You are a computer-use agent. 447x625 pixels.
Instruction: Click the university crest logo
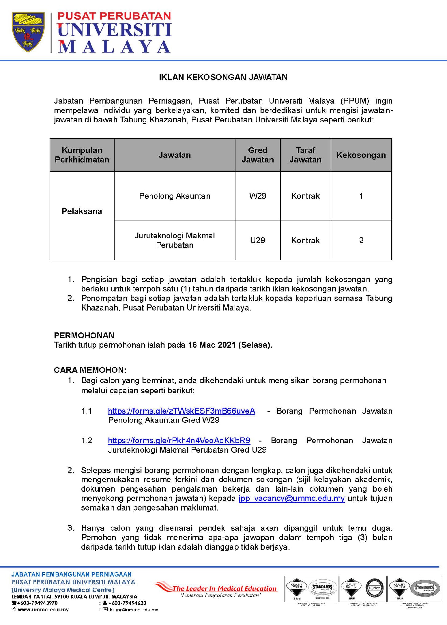pyautogui.click(x=28, y=32)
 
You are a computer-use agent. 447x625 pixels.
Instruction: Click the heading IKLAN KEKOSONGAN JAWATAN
pyautogui.click(x=223, y=77)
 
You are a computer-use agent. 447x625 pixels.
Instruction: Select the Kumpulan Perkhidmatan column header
pyautogui.click(x=82, y=155)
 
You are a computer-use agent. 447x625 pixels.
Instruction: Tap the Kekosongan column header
pyautogui.click(x=361, y=155)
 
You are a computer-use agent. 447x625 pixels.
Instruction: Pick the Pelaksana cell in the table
pyautogui.click(x=82, y=211)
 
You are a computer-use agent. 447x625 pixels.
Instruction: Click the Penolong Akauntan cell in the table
pyautogui.click(x=175, y=196)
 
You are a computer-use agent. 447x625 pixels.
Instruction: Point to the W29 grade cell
pyautogui.click(x=258, y=196)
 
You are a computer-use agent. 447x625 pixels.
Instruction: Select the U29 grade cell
pyautogui.click(x=258, y=240)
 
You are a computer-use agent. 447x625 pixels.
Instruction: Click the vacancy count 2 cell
pyautogui.click(x=361, y=240)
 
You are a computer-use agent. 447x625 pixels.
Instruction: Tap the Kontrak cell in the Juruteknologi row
pyautogui.click(x=305, y=240)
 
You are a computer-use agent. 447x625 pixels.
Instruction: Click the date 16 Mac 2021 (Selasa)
pyautogui.click(x=230, y=345)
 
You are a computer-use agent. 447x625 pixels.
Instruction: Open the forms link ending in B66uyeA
pyautogui.click(x=181, y=411)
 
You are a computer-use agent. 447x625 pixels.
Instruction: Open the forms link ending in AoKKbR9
pyautogui.click(x=179, y=441)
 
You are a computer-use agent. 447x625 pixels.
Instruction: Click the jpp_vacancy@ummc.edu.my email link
pyautogui.click(x=292, y=498)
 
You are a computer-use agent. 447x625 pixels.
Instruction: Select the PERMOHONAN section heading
pyautogui.click(x=84, y=335)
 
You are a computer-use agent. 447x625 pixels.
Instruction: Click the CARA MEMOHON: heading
pyautogui.click(x=90, y=370)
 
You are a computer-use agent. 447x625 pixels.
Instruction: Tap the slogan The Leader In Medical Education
pyautogui.click(x=224, y=588)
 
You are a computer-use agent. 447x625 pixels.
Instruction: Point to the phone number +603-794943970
pyautogui.click(x=37, y=603)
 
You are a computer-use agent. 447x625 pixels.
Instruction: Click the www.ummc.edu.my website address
pyautogui.click(x=43, y=610)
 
